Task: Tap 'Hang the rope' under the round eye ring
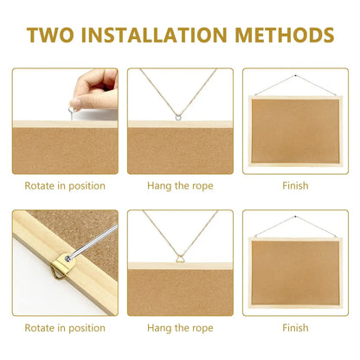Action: tap(180, 185)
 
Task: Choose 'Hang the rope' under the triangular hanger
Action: tap(180, 327)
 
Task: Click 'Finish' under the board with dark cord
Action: tap(295, 185)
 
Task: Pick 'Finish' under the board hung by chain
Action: tap(295, 327)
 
